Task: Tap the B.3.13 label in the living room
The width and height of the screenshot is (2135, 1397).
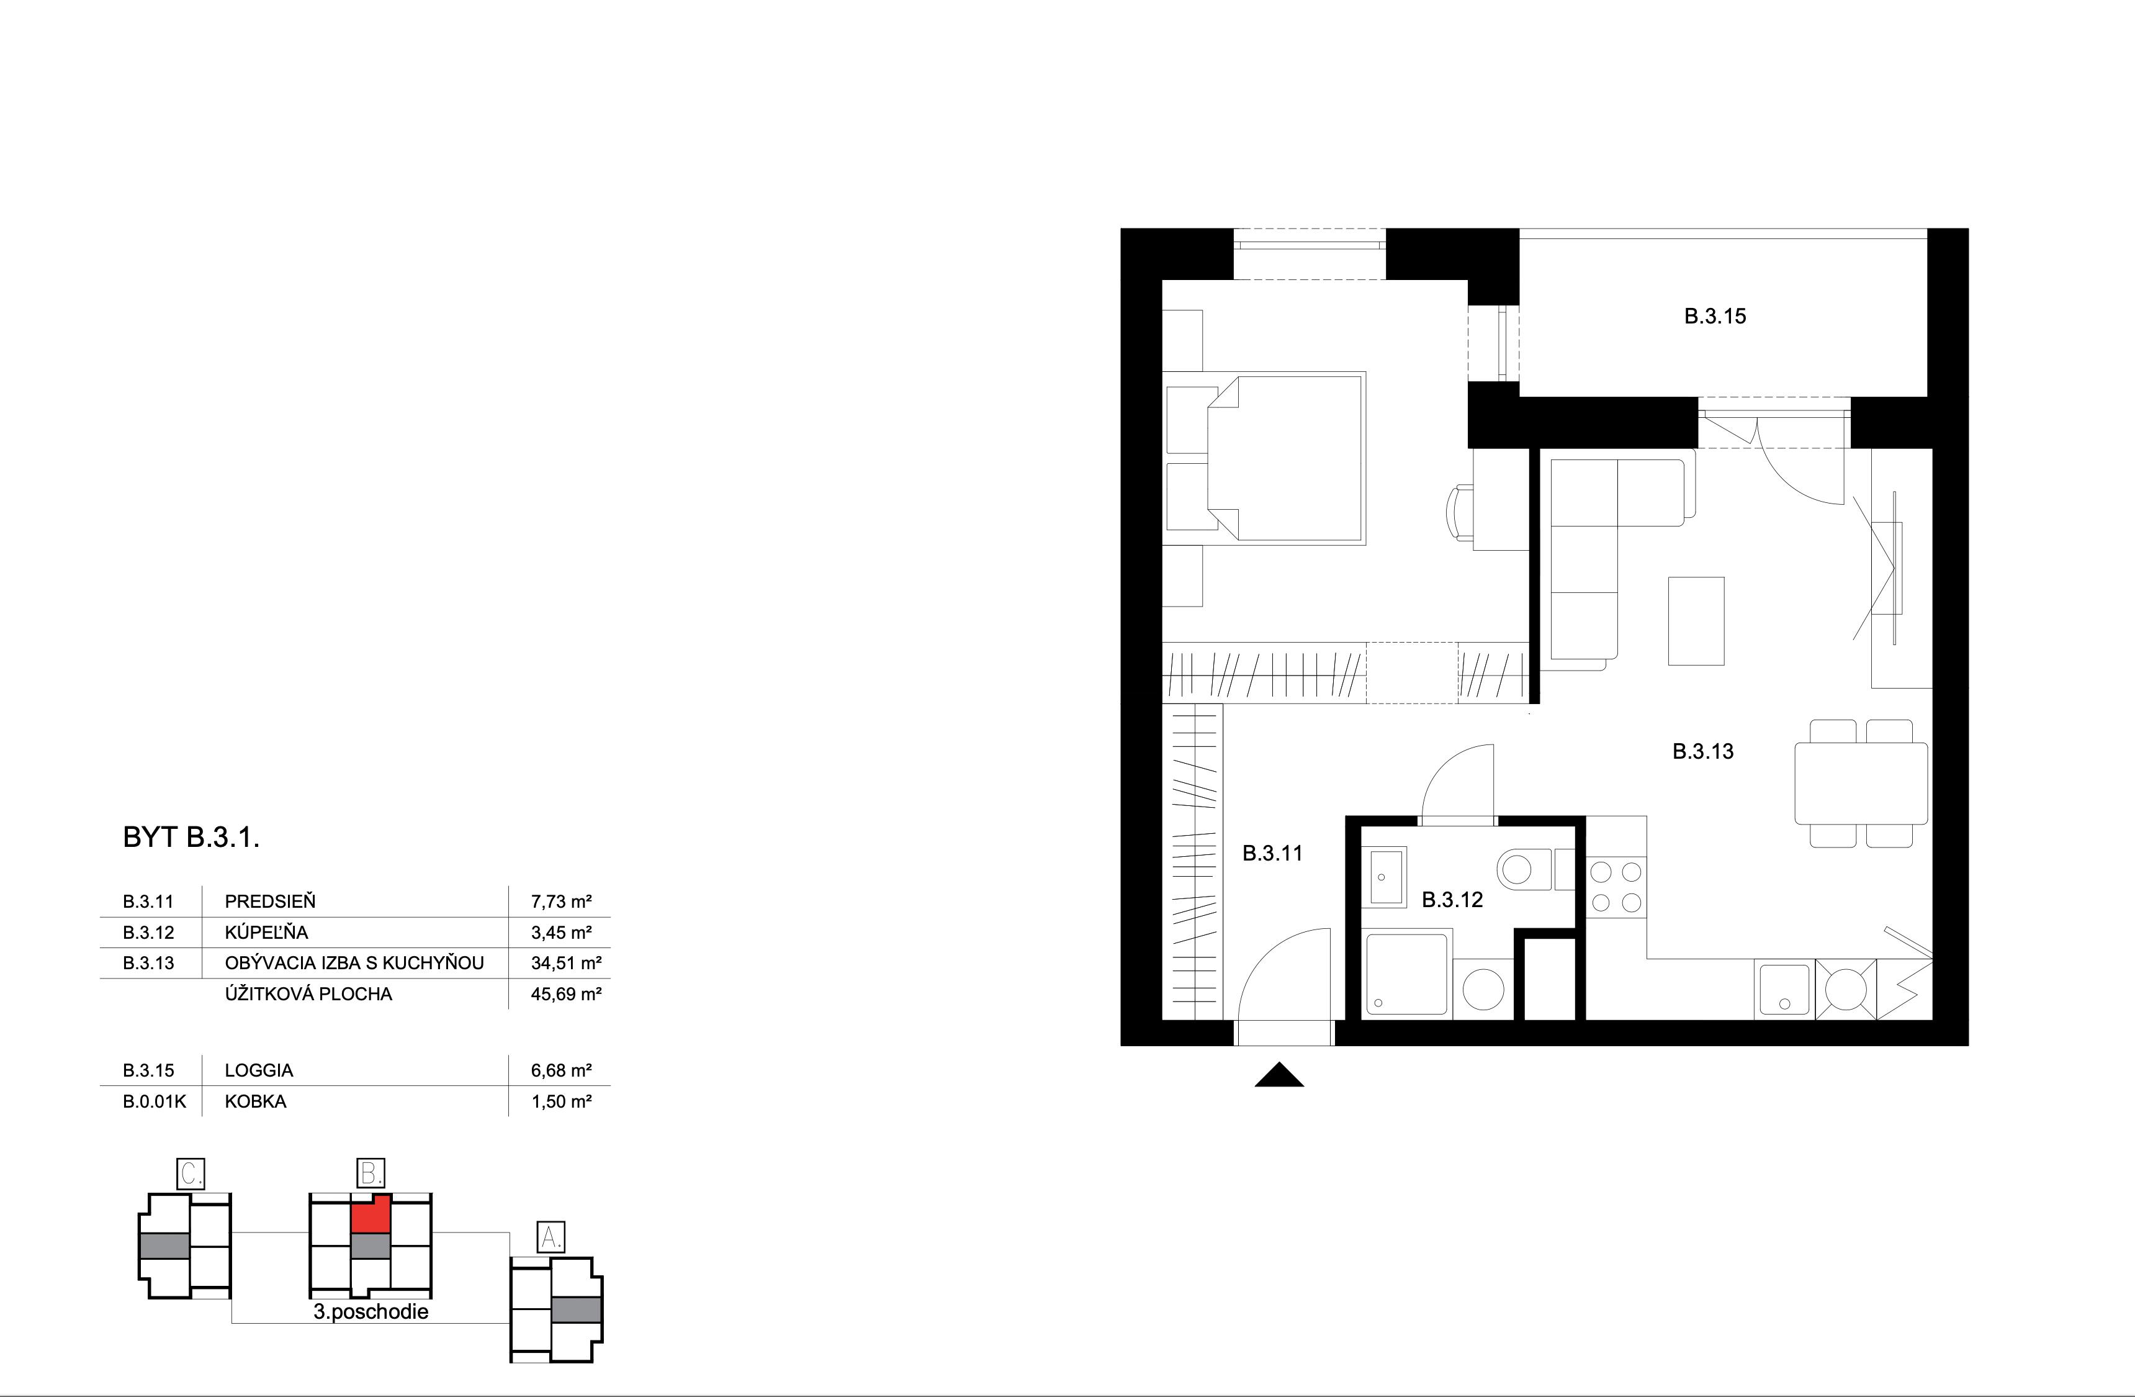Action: click(x=1702, y=752)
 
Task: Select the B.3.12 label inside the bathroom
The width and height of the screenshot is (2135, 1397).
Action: click(x=1452, y=900)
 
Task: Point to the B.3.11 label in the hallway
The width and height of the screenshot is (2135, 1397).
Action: click(x=1272, y=853)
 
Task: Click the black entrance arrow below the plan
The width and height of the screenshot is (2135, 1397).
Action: click(x=1279, y=1076)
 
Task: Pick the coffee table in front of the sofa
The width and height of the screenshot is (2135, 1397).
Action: click(x=1696, y=621)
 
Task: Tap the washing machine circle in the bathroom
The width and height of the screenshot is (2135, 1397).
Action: click(x=1483, y=990)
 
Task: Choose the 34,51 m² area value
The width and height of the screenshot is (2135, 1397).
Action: click(x=565, y=964)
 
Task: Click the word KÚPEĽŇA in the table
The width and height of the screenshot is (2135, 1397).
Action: click(x=266, y=932)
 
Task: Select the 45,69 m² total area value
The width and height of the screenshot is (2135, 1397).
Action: click(x=565, y=994)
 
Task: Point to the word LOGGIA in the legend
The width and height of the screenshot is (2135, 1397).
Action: click(x=259, y=1070)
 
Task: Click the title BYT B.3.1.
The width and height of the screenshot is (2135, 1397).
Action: click(x=191, y=838)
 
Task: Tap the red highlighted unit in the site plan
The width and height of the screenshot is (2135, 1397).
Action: click(x=369, y=1216)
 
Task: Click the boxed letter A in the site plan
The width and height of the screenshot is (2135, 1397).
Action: click(x=549, y=1238)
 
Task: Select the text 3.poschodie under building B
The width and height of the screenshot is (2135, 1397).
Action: click(x=371, y=1312)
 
